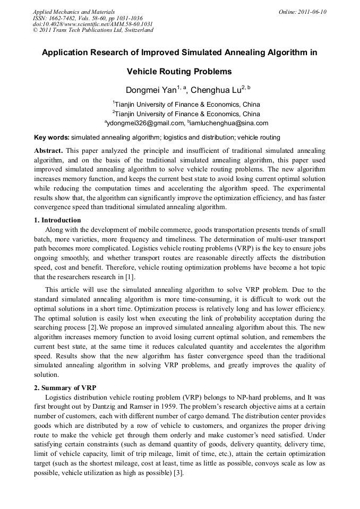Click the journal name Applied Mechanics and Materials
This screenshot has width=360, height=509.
coord(74,12)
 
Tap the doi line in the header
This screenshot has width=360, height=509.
coord(93,24)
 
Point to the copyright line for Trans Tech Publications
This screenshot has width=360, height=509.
coord(93,30)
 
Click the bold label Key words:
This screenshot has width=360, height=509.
coord(52,137)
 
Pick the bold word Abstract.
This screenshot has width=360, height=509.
coord(49,151)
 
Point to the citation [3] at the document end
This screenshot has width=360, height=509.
coord(178,473)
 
